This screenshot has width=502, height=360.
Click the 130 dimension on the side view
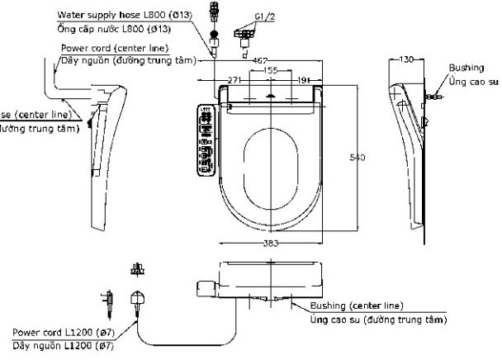(x=406, y=60)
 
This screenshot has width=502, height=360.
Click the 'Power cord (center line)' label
(x=115, y=48)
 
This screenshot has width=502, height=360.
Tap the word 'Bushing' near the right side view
(x=462, y=68)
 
